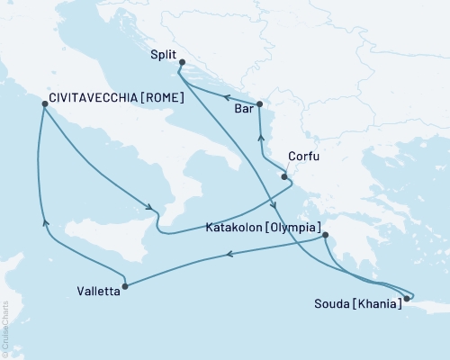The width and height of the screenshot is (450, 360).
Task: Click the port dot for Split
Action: [181, 62]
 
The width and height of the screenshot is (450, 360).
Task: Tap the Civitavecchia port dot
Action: [44, 104]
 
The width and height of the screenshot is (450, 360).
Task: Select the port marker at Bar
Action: [258, 104]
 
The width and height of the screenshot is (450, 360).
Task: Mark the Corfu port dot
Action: [284, 176]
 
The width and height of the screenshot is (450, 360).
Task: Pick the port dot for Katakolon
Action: [326, 236]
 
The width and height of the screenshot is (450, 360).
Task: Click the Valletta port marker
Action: [124, 286]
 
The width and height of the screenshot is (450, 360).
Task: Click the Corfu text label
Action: [302, 156]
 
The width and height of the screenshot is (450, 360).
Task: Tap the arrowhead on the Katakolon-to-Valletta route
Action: [228, 255]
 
